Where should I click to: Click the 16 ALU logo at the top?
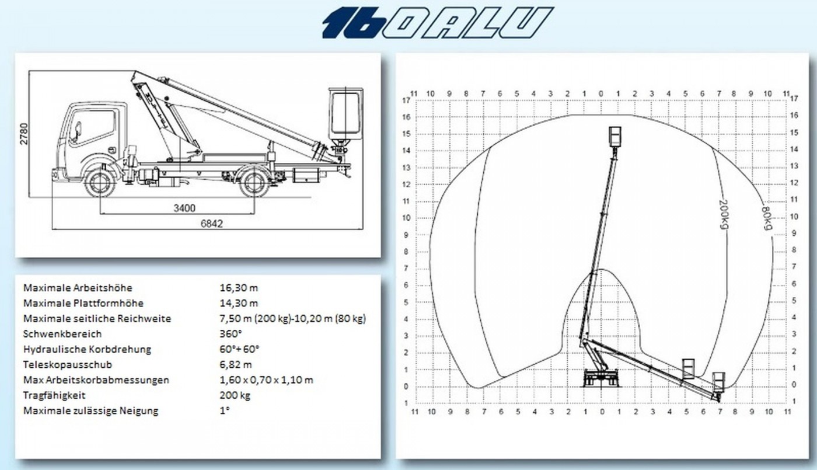438,23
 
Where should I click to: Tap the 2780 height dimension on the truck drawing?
24,134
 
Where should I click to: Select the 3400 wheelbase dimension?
184,208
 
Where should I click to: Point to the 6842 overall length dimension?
211,224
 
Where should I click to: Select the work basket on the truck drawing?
345,114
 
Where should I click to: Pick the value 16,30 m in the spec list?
239,288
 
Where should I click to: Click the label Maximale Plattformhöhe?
83,303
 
